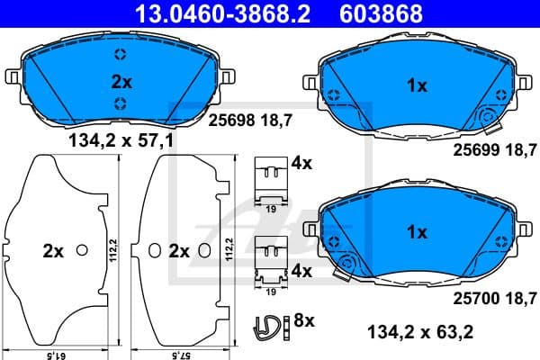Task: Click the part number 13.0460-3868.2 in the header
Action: click(211, 13)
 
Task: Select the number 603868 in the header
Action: click(391, 13)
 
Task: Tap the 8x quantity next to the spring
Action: click(303, 319)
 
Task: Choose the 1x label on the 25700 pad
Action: click(416, 232)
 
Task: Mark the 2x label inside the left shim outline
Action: click(53, 252)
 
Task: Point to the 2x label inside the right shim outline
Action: click(180, 252)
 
